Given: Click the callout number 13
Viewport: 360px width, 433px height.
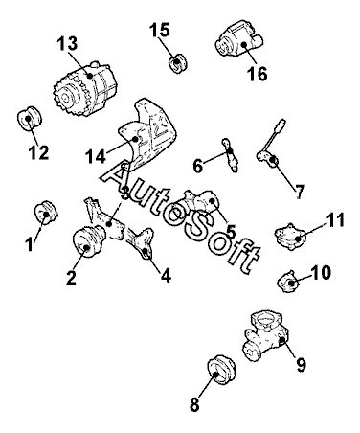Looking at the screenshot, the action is (x=67, y=43).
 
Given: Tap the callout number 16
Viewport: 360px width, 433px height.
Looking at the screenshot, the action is (x=258, y=74).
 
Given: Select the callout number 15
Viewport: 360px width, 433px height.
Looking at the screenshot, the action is (x=160, y=30).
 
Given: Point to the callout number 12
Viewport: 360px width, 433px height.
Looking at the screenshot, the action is (x=38, y=152).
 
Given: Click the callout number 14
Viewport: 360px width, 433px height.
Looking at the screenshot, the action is (x=96, y=156).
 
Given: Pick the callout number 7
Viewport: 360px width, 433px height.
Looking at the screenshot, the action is (x=299, y=192).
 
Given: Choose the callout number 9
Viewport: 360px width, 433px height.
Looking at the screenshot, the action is (x=301, y=364).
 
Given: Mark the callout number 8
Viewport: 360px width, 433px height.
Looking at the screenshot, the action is (x=194, y=404).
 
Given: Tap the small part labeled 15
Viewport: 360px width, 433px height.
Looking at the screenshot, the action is (x=177, y=63).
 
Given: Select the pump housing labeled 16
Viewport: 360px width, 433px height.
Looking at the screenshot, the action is (x=238, y=40).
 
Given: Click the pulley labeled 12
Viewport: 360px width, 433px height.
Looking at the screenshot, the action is (x=30, y=119).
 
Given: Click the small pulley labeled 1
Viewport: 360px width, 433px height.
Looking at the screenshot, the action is (x=46, y=213).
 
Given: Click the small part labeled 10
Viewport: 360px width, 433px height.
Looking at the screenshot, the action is (x=288, y=282).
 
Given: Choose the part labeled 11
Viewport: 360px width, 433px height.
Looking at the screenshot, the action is (x=291, y=237).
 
